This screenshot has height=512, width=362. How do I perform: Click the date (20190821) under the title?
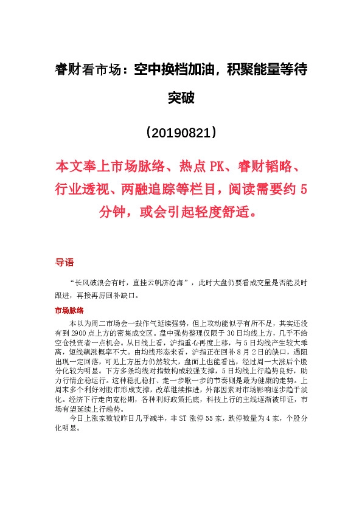(x=181, y=132)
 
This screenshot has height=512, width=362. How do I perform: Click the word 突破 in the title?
(x=181, y=97)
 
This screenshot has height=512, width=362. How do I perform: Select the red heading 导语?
(x=64, y=263)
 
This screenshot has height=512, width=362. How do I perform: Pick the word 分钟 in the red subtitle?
(x=113, y=213)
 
